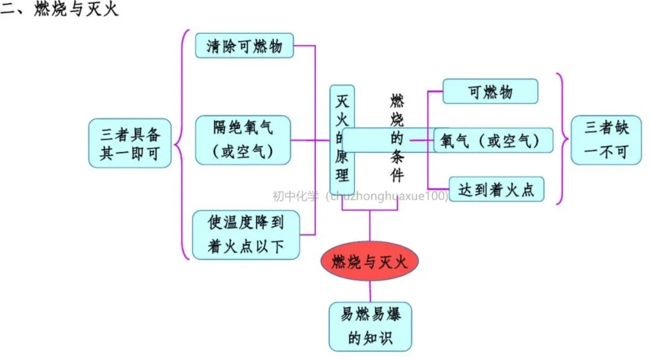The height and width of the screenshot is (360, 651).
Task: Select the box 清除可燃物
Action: pos(244,46)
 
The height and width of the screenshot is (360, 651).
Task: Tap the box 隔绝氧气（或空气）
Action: pos(243,140)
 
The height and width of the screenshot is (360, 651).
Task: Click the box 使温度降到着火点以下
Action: pos(246,235)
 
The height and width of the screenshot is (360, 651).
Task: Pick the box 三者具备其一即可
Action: pos(130,142)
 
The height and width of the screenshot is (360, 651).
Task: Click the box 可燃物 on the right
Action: pos(490,92)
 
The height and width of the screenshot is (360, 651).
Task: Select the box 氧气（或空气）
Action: pos(493,141)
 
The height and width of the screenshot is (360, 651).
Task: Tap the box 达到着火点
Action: pos(496,189)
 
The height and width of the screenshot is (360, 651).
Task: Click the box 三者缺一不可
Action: pos(606,140)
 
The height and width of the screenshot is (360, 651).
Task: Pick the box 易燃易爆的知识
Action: pos(370,326)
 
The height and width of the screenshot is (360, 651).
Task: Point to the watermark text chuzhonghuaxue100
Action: pos(386,196)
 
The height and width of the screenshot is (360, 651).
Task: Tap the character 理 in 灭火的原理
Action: pos(342,175)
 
